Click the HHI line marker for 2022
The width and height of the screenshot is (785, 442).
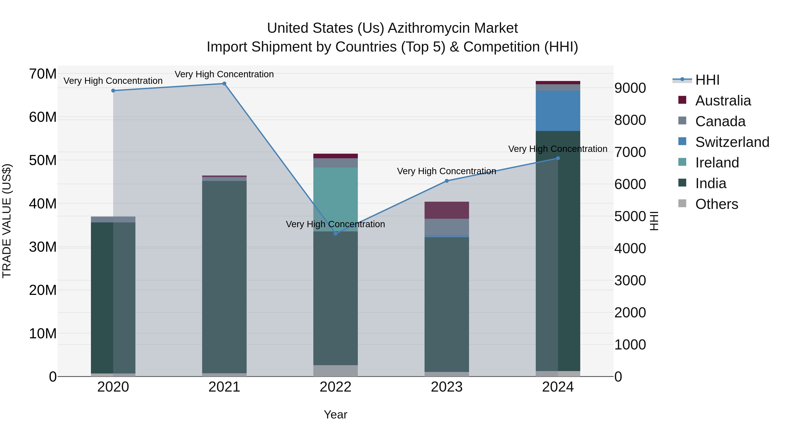click(x=336, y=233)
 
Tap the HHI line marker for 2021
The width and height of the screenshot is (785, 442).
click(x=224, y=84)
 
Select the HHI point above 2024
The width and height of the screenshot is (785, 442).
click(x=558, y=158)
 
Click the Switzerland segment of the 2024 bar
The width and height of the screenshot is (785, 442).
click(x=558, y=111)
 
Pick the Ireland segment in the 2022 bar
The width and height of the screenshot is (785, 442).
click(x=336, y=198)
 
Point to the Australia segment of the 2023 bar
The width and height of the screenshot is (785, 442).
click(x=447, y=210)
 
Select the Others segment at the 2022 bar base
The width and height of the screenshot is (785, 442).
click(x=336, y=371)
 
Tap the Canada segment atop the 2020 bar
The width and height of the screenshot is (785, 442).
click(x=113, y=219)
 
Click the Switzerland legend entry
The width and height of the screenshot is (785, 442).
click(x=732, y=142)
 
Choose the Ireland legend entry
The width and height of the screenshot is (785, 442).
click(x=717, y=163)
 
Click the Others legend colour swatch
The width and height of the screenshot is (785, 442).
click(x=682, y=203)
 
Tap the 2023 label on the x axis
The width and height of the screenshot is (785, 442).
click(x=447, y=387)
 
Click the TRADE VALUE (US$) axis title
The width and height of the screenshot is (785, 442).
click(x=7, y=221)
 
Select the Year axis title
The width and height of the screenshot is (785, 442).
click(x=336, y=414)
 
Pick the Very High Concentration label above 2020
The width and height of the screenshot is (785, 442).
click(x=113, y=81)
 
